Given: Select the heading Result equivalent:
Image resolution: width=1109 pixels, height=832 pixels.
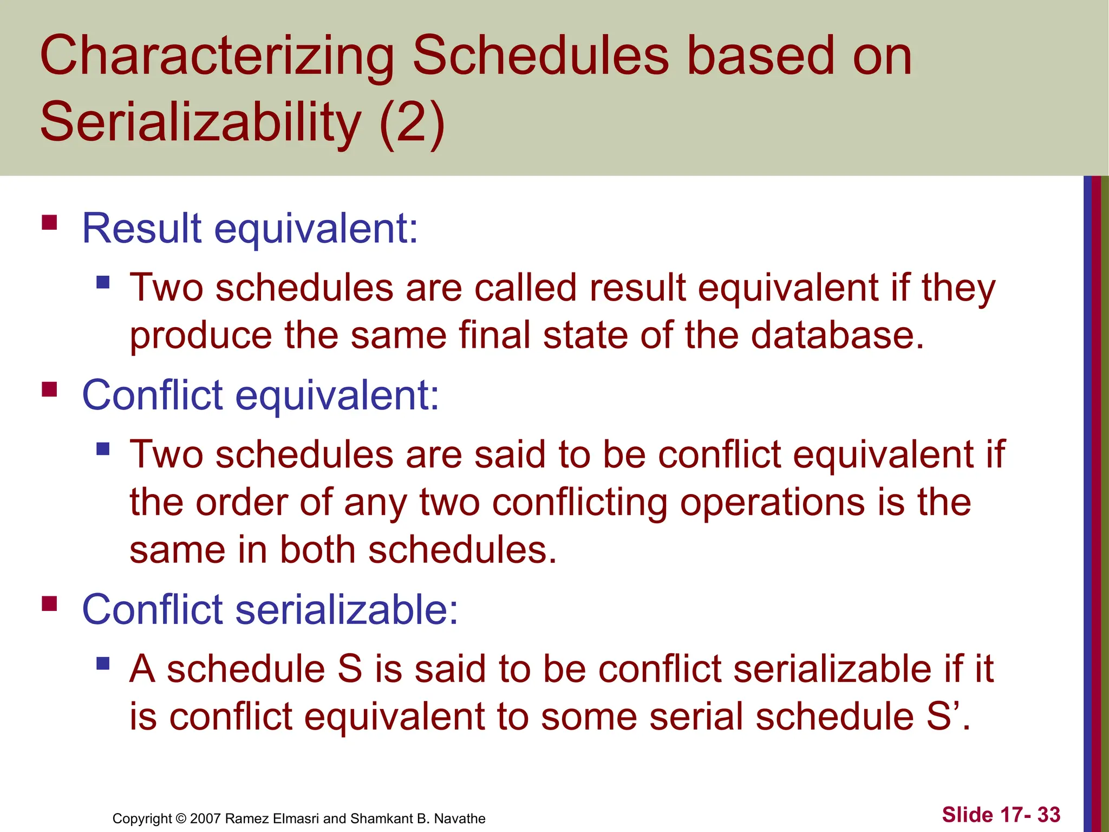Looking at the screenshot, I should pyautogui.click(x=250, y=229).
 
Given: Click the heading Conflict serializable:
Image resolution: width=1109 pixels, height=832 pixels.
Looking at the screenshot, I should pyautogui.click(x=270, y=609).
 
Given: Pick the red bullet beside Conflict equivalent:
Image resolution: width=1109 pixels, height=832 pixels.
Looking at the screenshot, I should pyautogui.click(x=49, y=389).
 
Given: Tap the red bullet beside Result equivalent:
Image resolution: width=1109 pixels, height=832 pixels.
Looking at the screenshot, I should pyautogui.click(x=49, y=223).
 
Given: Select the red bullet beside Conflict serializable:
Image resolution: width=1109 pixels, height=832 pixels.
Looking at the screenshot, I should pyautogui.click(x=49, y=603).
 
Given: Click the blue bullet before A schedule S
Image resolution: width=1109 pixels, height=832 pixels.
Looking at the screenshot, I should pyautogui.click(x=103, y=663).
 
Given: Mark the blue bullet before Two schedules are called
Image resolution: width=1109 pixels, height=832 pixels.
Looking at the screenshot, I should pyautogui.click(x=103, y=282).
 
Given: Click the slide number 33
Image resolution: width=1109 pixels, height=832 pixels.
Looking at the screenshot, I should pyautogui.click(x=1048, y=815).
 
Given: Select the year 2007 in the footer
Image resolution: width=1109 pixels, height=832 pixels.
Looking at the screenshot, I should pyautogui.click(x=205, y=818).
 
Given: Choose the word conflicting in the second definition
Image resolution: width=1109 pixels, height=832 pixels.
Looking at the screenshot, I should pyautogui.click(x=579, y=502).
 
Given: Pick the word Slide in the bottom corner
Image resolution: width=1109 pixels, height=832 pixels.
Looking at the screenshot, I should pyautogui.click(x=967, y=815).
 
